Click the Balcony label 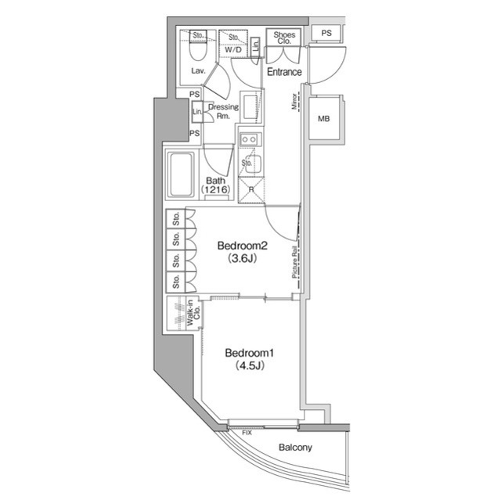coord(295,448)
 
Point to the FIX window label coord(247,432)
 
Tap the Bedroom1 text coord(247,352)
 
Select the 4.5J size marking coord(247,365)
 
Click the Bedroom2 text coord(242,246)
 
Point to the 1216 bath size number coord(216,190)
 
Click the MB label coord(323,119)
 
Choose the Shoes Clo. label coord(283,38)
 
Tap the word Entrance coord(284,72)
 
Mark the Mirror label coord(295,103)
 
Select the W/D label coord(232,50)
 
